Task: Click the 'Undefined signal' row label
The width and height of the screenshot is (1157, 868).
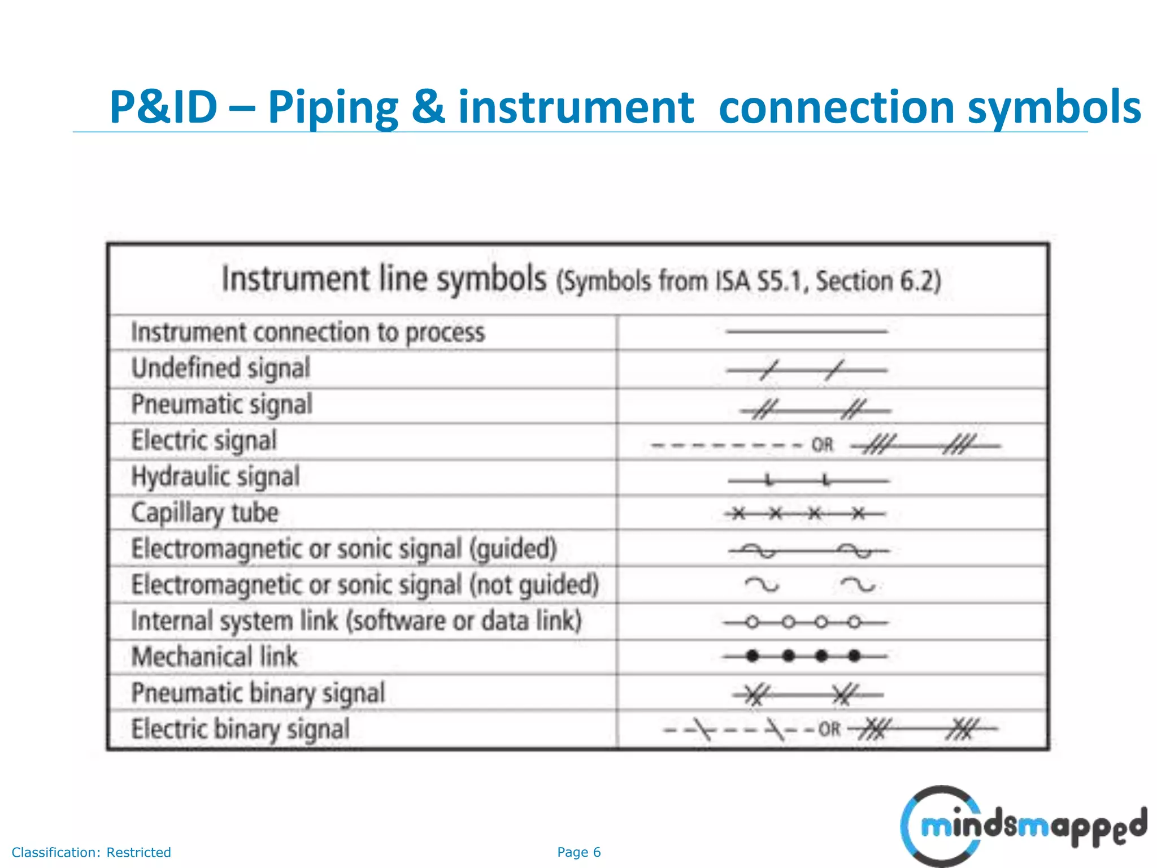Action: tap(221, 369)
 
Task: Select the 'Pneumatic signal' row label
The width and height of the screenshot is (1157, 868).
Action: tap(222, 405)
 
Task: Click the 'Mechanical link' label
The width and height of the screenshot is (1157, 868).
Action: tap(214, 657)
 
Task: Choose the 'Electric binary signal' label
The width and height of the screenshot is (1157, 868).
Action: tap(241, 730)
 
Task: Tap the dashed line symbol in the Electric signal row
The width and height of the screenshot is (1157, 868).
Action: tap(727, 446)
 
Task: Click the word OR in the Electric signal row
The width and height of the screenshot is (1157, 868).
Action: tap(823, 445)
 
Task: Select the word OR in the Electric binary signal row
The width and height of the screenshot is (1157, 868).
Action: tap(829, 730)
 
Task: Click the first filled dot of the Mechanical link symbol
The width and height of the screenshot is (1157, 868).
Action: tap(752, 656)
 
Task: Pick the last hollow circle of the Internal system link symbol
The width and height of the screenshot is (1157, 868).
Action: tap(855, 623)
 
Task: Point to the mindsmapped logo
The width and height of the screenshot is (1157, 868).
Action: tap(1023, 826)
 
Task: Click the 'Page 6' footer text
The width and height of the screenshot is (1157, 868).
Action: tap(578, 852)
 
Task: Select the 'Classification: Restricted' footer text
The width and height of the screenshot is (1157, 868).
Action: tap(92, 852)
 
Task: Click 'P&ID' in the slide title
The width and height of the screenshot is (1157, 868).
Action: tap(163, 107)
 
